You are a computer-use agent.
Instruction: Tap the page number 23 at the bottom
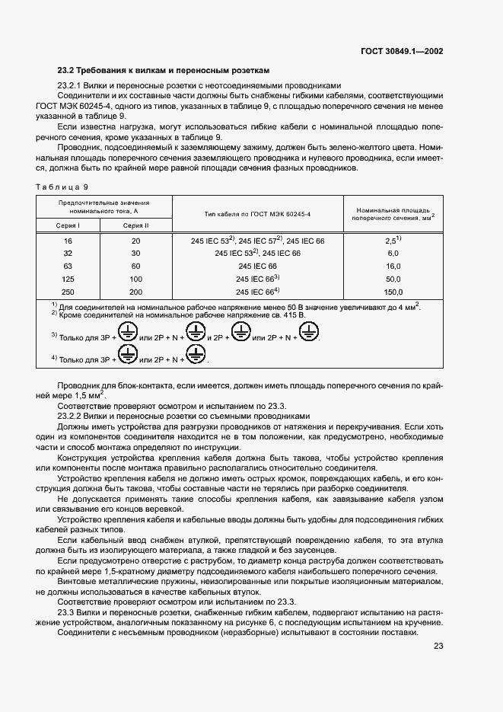tap(438, 647)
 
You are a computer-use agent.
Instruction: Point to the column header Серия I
tap(68, 225)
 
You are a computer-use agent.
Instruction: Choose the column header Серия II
tap(136, 225)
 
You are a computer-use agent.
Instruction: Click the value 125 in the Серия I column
tap(68, 279)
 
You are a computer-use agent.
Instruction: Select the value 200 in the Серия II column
tap(136, 292)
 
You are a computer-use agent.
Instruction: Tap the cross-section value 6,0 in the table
tap(393, 253)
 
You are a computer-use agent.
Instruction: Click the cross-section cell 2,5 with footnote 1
tap(393, 240)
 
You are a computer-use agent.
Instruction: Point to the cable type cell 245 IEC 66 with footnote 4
tap(258, 292)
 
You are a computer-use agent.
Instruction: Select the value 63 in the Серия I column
tap(68, 266)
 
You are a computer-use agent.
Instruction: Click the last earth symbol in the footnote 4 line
tap(197, 353)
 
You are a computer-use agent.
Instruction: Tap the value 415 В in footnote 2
tap(290, 314)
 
